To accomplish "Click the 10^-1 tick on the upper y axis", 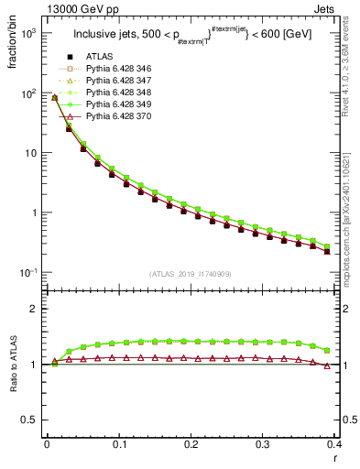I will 28,273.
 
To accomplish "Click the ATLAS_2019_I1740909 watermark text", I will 191,274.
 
